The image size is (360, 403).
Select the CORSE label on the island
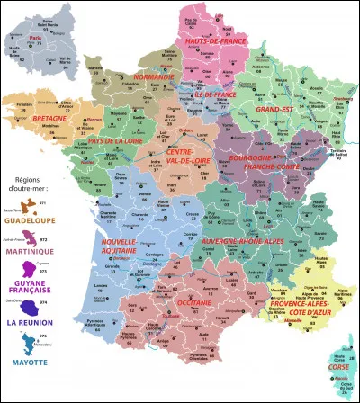pyautogui.click(x=338, y=368)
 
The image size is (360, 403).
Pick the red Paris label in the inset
pyautogui.click(x=37, y=39)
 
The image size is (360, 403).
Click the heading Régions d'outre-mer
pyautogui.click(x=26, y=196)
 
